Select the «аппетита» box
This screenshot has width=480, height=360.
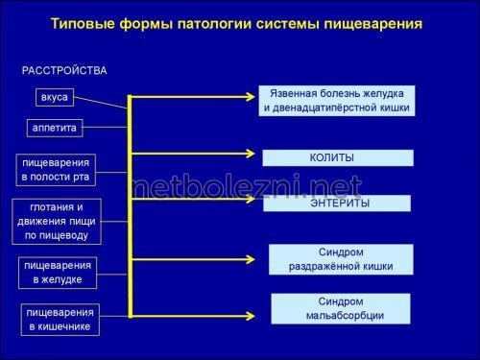(x=55, y=127)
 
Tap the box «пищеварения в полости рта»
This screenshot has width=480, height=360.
(x=57, y=170)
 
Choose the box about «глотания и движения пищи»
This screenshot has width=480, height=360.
(x=57, y=220)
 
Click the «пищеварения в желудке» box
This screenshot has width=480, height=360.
(x=59, y=272)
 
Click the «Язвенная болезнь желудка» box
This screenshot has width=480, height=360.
(x=336, y=101)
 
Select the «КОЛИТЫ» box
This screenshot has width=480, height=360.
(x=338, y=157)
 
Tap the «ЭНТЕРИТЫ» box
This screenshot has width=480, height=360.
(x=338, y=204)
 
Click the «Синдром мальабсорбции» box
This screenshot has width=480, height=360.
(x=340, y=308)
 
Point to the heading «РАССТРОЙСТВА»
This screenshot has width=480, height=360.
(x=65, y=71)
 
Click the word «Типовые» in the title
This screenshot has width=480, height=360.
(x=83, y=23)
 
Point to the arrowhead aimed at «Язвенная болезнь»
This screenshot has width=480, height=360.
(x=254, y=96)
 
